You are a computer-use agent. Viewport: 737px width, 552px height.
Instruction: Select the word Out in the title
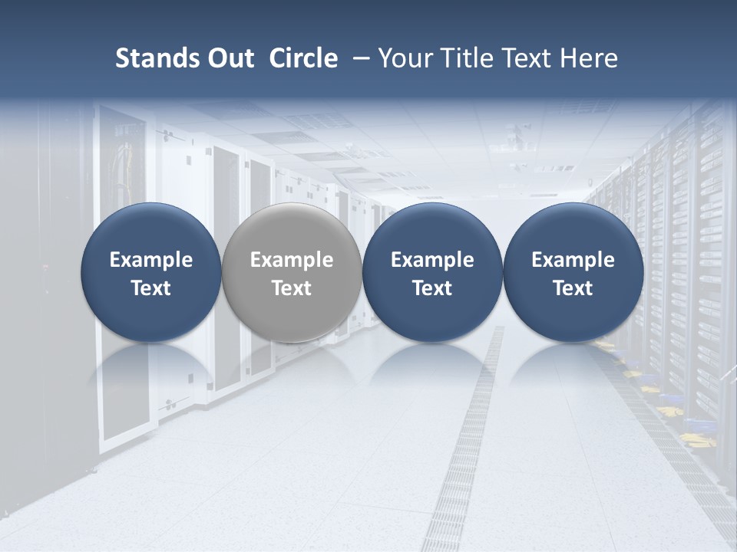tap(229, 58)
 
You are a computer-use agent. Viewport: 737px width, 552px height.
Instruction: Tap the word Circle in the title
tap(303, 58)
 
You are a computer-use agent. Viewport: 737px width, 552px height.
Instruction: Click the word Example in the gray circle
tap(292, 261)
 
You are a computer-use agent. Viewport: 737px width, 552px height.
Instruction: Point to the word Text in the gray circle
tap(292, 288)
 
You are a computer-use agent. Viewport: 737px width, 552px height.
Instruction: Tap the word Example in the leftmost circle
tap(151, 261)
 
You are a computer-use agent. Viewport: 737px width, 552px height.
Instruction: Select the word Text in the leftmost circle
tap(151, 288)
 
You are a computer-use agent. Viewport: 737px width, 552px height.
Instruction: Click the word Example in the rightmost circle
tap(573, 261)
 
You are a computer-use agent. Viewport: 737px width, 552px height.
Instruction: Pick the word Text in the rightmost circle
tap(573, 288)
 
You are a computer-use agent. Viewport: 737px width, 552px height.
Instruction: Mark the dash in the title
tap(359, 58)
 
